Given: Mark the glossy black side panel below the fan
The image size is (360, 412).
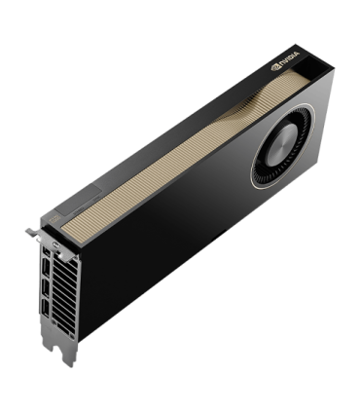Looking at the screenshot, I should pos(195,253).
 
